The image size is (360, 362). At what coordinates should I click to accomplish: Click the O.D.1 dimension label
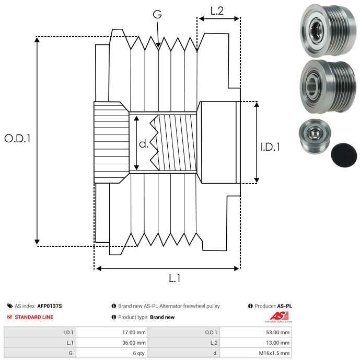pyautogui.click(x=17, y=139)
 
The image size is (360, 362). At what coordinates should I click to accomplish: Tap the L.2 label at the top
pyautogui.click(x=217, y=11)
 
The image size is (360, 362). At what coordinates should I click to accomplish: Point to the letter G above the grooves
pyautogui.click(x=157, y=14)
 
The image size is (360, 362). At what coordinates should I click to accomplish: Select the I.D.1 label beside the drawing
pyautogui.click(x=270, y=147)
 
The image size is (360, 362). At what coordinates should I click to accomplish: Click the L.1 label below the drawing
pyautogui.click(x=175, y=278)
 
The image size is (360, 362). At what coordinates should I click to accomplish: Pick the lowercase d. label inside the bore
pyautogui.click(x=144, y=144)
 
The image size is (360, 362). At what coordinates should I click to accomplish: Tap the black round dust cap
pyautogui.click(x=344, y=155)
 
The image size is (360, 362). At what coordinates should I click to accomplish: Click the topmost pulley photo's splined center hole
pyautogui.click(x=316, y=30)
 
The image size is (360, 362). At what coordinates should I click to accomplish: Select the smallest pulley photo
pyautogui.click(x=315, y=135)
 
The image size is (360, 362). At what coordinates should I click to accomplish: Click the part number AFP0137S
pyautogui.click(x=50, y=306)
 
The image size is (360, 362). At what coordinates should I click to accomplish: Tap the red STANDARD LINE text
pyautogui.click(x=34, y=317)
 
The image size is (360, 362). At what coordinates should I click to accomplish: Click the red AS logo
pyautogui.click(x=279, y=315)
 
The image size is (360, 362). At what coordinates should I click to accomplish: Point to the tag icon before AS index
pyautogui.click(x=10, y=306)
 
